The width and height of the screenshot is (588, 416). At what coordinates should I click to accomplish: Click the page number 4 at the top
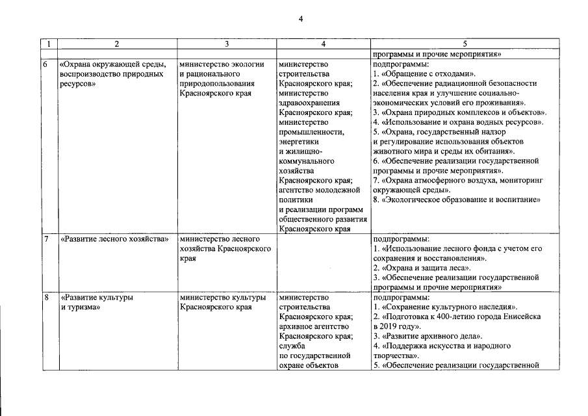click(x=301, y=19)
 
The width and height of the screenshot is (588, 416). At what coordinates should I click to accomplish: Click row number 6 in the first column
click(x=45, y=65)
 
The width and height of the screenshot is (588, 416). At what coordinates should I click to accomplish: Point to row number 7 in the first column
click(x=45, y=239)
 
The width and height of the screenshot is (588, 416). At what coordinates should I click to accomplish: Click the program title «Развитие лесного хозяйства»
click(x=110, y=239)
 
